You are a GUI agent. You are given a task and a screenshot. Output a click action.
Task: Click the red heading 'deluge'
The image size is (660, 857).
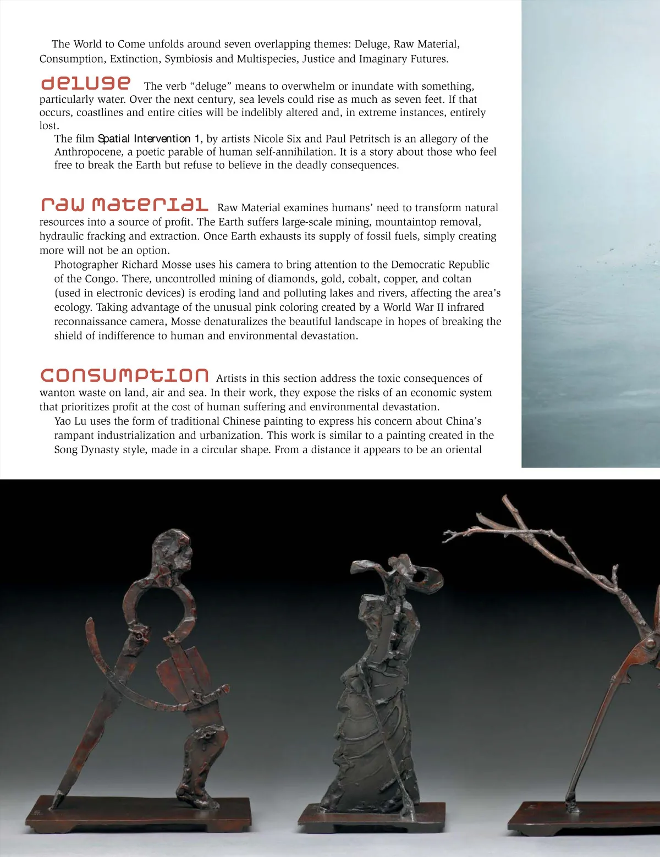(86, 84)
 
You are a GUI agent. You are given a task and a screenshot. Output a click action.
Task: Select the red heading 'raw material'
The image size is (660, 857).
(124, 205)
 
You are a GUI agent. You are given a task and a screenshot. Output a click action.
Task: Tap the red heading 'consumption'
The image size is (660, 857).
(124, 375)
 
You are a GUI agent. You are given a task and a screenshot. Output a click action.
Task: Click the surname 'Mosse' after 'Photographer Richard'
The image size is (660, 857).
(177, 265)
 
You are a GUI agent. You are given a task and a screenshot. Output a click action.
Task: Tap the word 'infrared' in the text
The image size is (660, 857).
(465, 307)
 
